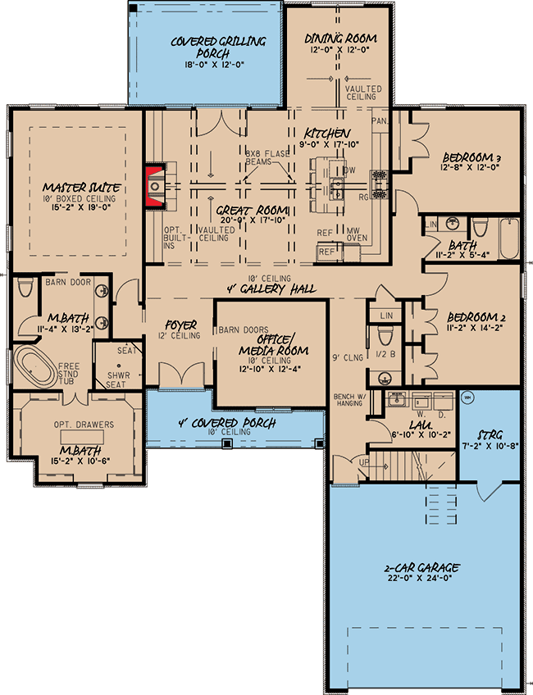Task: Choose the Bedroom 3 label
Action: tap(471, 157)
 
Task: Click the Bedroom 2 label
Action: tap(471, 316)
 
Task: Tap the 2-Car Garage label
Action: tap(421, 567)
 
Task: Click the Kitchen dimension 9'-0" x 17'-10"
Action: tap(328, 146)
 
